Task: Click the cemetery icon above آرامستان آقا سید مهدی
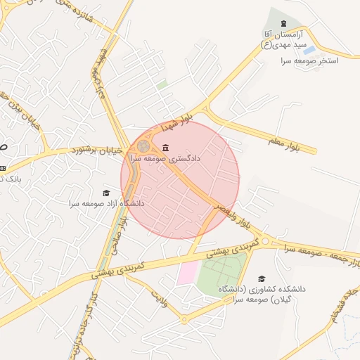click(283, 23)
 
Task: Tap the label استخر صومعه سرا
click(309, 61)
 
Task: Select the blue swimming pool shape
click(309, 50)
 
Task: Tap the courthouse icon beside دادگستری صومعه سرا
click(165, 148)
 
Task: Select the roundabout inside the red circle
click(143, 146)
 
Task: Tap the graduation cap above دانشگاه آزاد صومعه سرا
click(106, 193)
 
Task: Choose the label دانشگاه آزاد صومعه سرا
click(106, 203)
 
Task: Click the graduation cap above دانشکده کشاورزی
click(262, 278)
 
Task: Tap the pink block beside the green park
click(188, 273)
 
